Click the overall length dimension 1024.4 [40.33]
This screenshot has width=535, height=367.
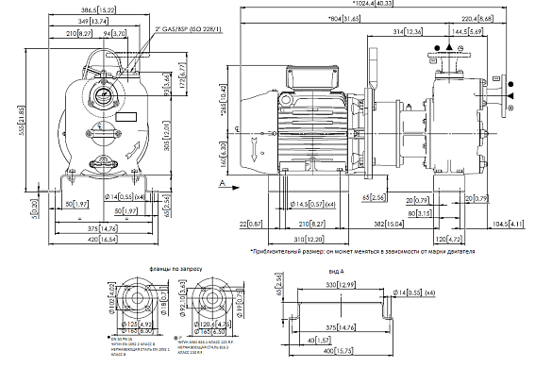(x=376, y=6)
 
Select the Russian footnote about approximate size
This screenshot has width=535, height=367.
(x=363, y=252)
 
